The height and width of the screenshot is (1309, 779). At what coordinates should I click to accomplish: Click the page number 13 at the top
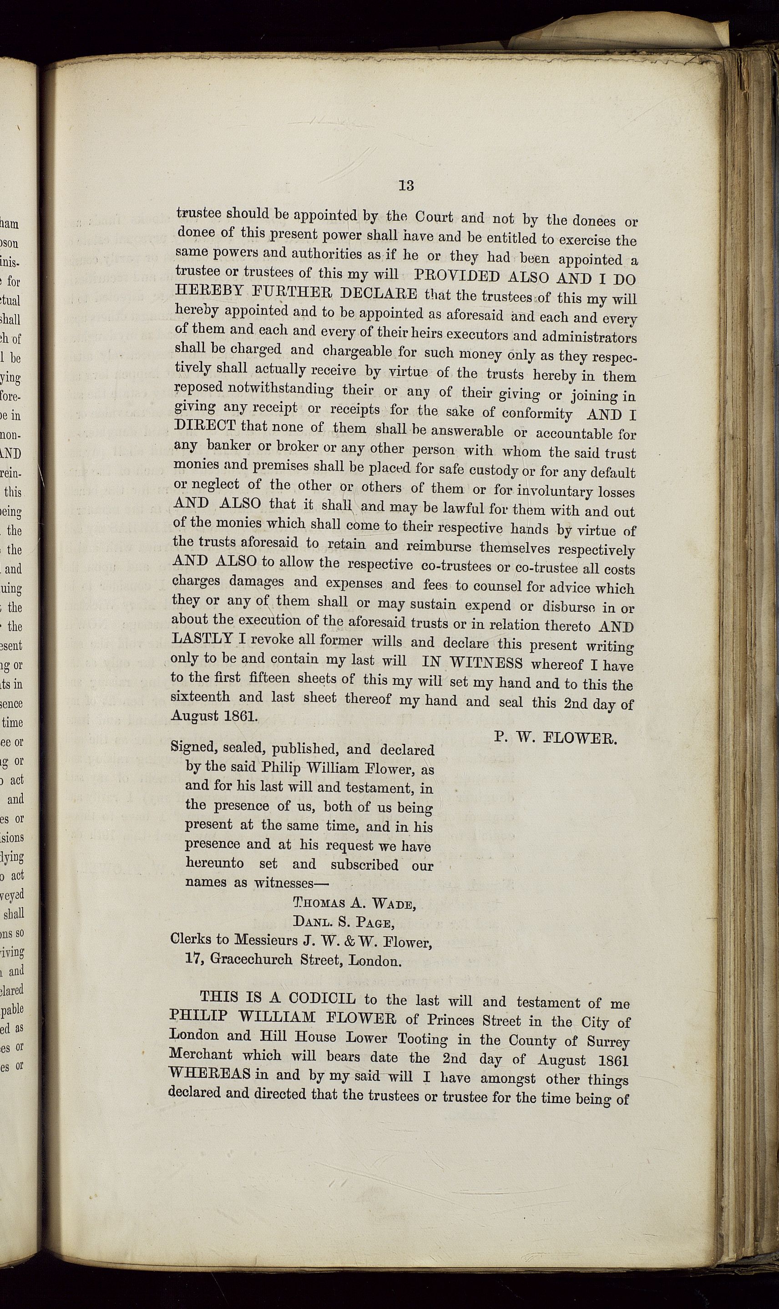[x=406, y=186]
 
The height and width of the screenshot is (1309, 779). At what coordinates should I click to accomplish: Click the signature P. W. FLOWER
[x=556, y=739]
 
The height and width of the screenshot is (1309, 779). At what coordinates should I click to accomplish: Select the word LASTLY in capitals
[x=202, y=639]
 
